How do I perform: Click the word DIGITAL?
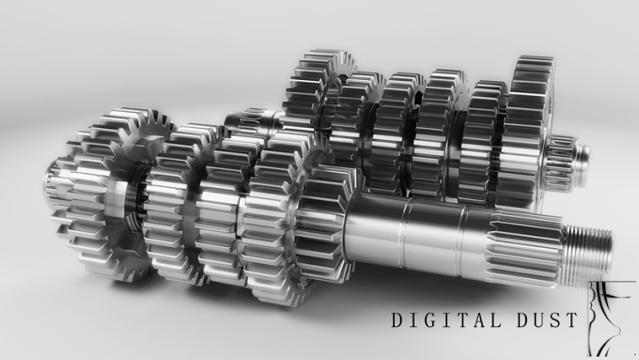(446, 320)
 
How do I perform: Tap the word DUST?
(547, 320)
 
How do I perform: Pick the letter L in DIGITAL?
(494, 320)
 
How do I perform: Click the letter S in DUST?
(555, 320)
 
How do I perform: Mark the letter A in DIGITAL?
(478, 320)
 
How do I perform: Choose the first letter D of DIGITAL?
(398, 320)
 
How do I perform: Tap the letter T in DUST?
(571, 320)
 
